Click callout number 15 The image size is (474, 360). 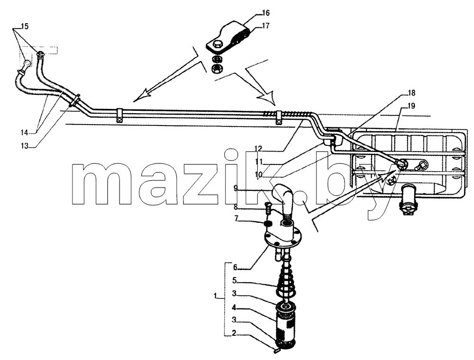click(x=25, y=26)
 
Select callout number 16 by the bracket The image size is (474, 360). click(x=266, y=13)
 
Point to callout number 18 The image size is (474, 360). click(x=411, y=93)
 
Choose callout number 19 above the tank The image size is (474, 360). click(x=411, y=106)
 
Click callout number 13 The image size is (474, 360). click(x=24, y=146)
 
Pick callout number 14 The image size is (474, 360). click(x=24, y=132)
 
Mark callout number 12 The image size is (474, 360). click(x=258, y=149)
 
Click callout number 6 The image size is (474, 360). click(x=235, y=267)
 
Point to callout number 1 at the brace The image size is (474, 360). click(x=216, y=296)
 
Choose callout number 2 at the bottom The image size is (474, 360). click(x=235, y=333)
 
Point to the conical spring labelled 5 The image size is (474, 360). click(x=286, y=279)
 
